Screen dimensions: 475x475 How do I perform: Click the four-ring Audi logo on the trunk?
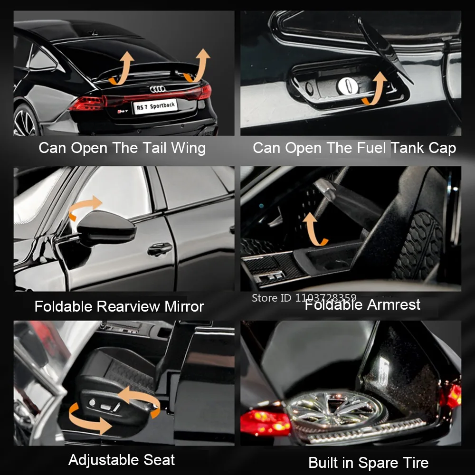coord(158,89)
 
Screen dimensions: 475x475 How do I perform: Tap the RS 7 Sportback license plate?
coord(155,106)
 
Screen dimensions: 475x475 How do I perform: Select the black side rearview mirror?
coord(106,228)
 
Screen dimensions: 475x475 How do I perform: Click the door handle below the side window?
coord(160,249)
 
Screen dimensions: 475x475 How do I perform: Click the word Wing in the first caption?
coord(188,148)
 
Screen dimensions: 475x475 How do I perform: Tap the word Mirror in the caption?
coord(184,306)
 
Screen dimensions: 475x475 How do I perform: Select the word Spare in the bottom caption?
coord(378,463)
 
